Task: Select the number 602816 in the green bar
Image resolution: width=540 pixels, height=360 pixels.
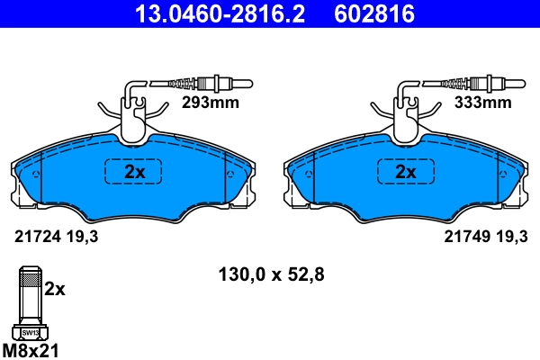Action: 374,13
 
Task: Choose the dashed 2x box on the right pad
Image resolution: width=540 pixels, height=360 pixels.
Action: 405,171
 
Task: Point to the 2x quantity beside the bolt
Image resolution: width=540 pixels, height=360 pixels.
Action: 56,289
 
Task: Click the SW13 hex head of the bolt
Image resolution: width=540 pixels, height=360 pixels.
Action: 29,332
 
